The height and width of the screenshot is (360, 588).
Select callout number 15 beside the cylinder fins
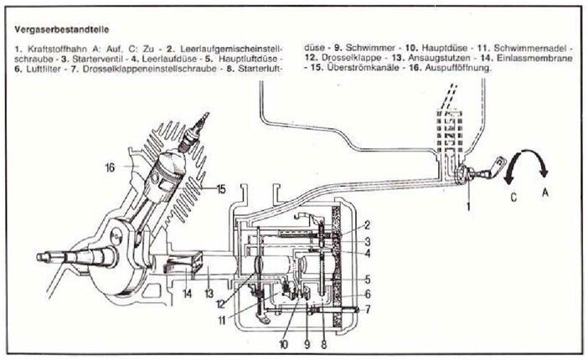coord(220,188)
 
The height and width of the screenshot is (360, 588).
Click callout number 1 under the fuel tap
coord(469,204)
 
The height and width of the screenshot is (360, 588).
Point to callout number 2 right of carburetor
coord(367,225)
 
